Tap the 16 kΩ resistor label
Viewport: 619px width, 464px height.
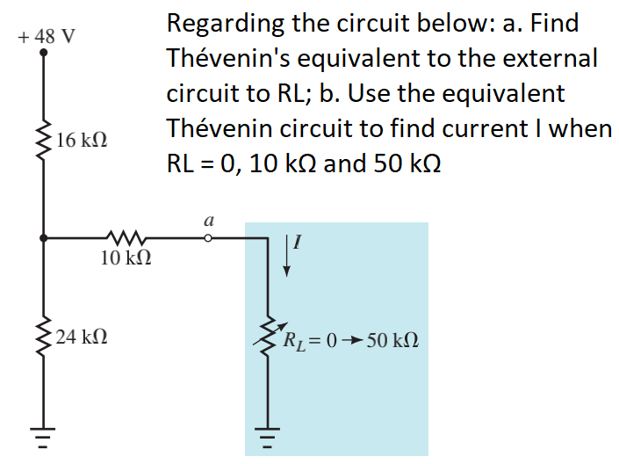tap(81, 139)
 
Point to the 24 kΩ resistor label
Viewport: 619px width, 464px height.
tap(81, 337)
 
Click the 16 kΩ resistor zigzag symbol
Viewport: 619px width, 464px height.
tap(44, 136)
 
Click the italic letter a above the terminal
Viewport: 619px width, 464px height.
tap(208, 220)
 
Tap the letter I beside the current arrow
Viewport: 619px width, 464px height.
tap(297, 245)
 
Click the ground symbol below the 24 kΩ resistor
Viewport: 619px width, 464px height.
tap(44, 434)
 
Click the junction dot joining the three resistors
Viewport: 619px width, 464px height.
tap(44, 237)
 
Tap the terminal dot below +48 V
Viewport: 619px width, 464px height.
tap(44, 53)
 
